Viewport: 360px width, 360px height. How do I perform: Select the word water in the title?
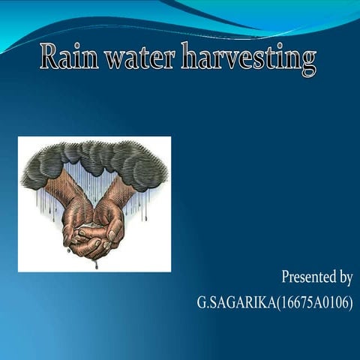pyautogui.click(x=140, y=58)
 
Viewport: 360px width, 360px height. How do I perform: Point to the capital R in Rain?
pyautogui.click(x=49, y=57)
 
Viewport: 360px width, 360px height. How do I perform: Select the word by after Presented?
pyautogui.click(x=345, y=277)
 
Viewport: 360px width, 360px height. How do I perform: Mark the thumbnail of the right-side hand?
pyautogui.click(x=112, y=234)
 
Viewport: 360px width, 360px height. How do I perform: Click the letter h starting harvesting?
pyautogui.click(x=190, y=57)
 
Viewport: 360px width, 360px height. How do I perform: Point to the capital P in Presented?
pyautogui.click(x=286, y=277)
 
